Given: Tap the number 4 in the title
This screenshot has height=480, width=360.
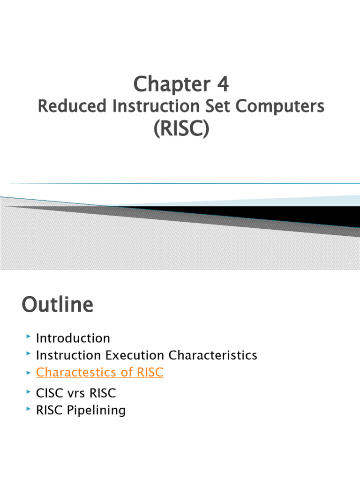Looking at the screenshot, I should [223, 84].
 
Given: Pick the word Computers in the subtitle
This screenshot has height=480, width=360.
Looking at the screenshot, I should [280, 106].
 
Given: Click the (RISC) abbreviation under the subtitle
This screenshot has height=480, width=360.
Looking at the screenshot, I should [181, 128].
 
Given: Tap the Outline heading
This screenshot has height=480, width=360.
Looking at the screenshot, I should [57, 306].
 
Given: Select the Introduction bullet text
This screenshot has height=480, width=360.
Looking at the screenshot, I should [73, 338].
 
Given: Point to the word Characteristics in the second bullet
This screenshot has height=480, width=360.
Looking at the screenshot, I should [213, 355].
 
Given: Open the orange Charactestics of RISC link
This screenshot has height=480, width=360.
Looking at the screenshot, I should [99, 373].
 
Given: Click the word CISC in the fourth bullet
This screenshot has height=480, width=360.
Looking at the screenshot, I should [49, 393].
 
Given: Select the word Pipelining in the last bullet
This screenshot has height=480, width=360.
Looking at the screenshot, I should [97, 411].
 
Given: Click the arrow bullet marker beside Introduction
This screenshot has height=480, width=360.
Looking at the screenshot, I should [29, 337].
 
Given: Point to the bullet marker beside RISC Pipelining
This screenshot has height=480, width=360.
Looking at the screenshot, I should [29, 410].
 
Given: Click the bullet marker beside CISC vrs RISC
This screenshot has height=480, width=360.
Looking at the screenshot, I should [29, 392].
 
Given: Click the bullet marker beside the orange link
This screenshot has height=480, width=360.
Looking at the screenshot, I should [29, 372].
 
